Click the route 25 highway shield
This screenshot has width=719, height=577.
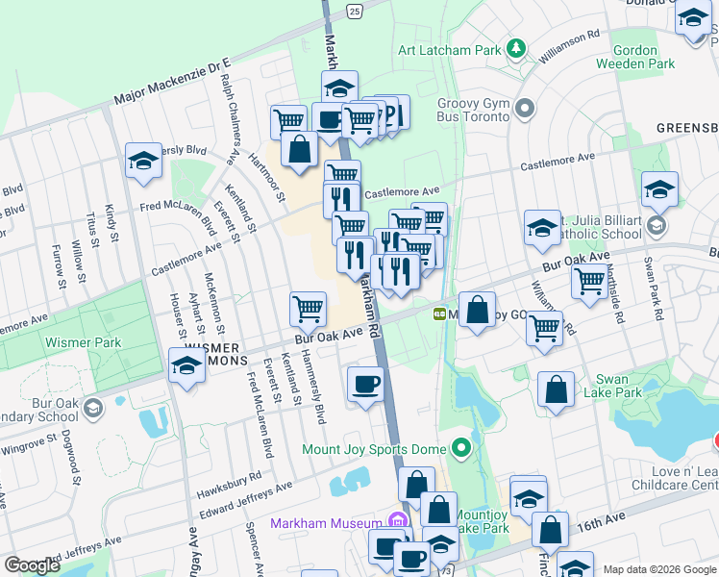pyautogui.click(x=355, y=12)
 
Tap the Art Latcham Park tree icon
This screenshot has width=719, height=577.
pyautogui.click(x=516, y=48)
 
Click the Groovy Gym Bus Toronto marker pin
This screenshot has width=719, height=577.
pyautogui.click(x=524, y=108)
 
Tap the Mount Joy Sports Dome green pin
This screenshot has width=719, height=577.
pyautogui.click(x=462, y=448)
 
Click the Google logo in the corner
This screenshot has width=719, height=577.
pyautogui.click(x=32, y=565)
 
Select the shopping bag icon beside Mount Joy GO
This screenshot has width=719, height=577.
pyautogui.click(x=477, y=311)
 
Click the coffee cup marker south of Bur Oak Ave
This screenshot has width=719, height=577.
pyautogui.click(x=365, y=385)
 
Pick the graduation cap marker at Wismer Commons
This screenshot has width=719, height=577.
pyautogui.click(x=186, y=365)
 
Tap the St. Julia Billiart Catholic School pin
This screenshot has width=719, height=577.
pyautogui.click(x=657, y=226)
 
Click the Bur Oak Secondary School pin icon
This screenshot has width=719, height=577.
pyautogui.click(x=92, y=407)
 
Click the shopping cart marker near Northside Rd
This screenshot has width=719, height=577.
pyautogui.click(x=588, y=280)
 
